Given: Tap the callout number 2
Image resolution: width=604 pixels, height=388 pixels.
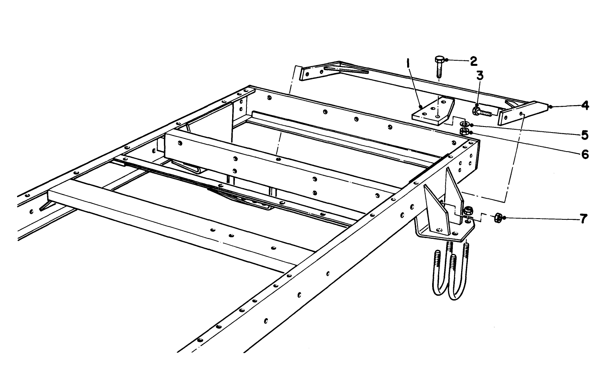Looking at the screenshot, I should click(x=473, y=61).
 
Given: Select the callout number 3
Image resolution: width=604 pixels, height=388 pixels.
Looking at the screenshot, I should click(x=480, y=75).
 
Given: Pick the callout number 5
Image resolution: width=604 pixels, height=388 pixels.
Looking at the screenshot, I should click(x=584, y=135).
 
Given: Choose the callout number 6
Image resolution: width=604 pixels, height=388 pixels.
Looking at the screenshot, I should click(x=585, y=154).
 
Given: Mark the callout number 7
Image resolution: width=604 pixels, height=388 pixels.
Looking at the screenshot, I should click(x=583, y=219).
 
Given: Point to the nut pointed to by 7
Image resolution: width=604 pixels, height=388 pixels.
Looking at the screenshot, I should click(x=498, y=217).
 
